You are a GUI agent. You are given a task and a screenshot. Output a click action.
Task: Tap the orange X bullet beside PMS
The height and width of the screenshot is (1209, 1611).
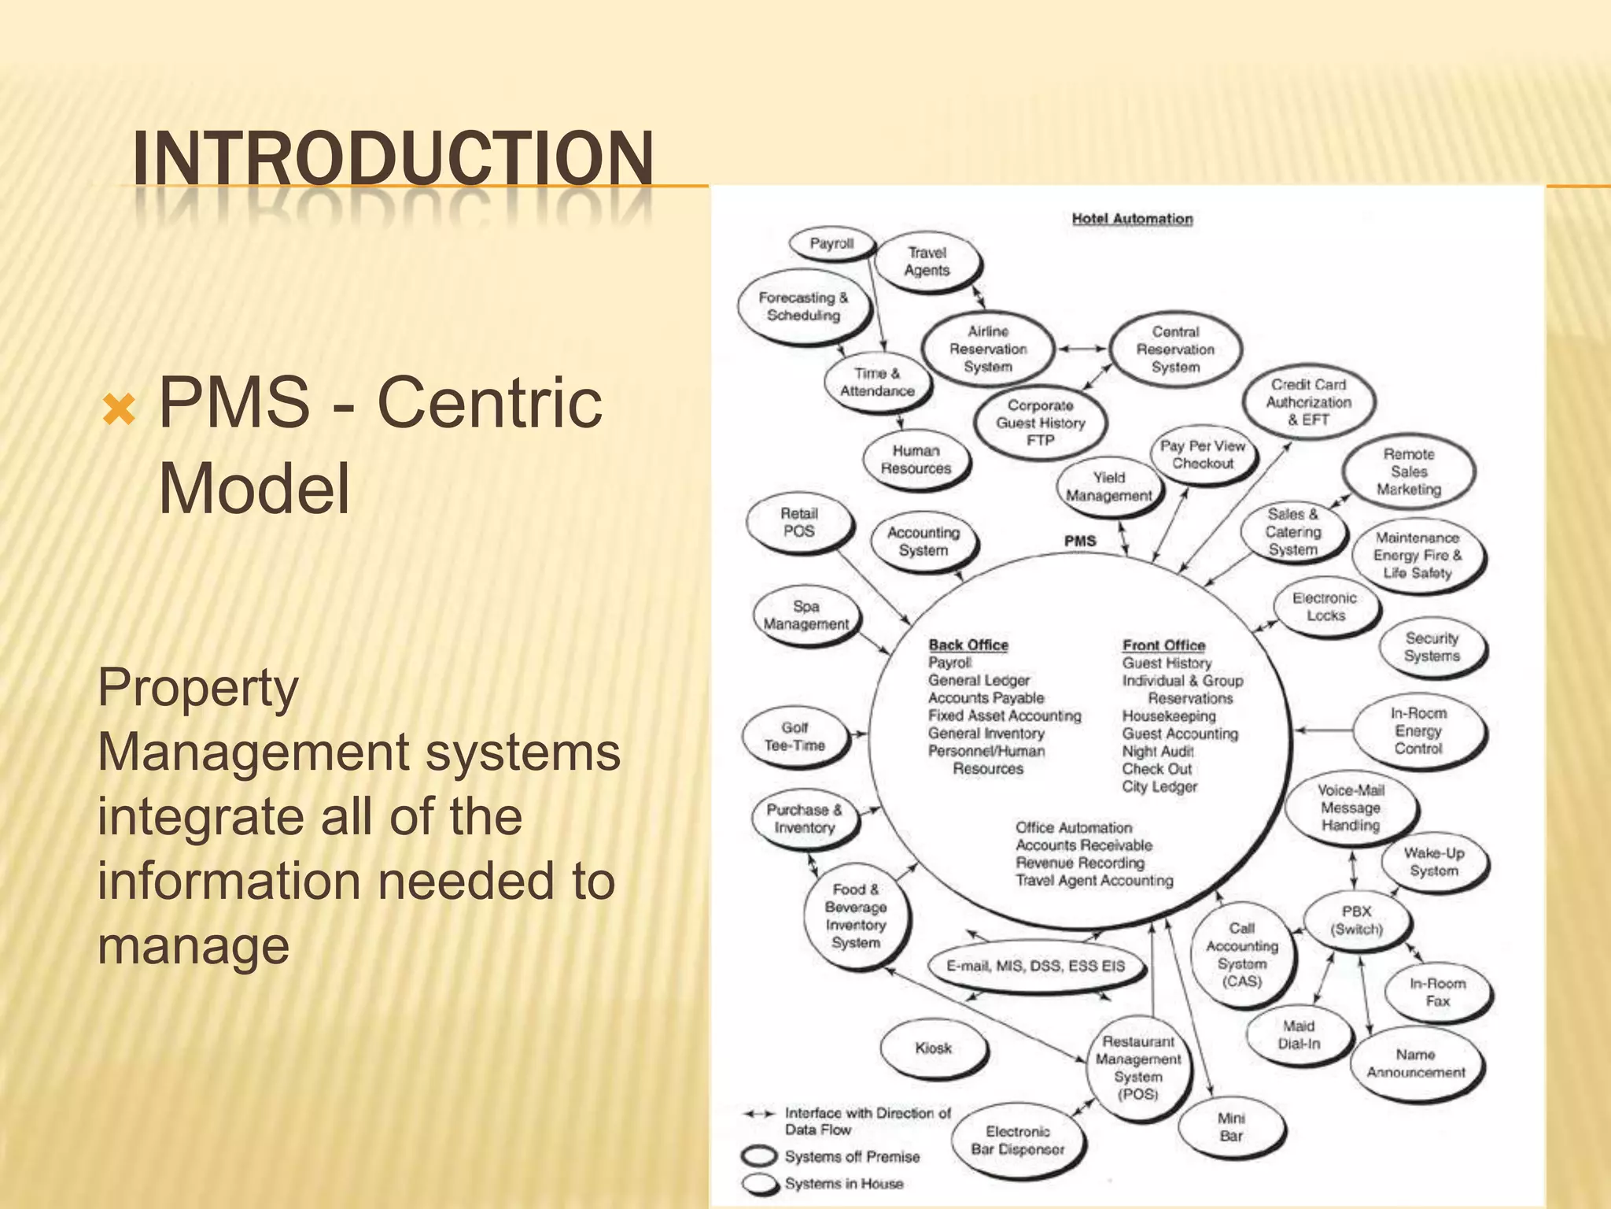[x=120, y=409]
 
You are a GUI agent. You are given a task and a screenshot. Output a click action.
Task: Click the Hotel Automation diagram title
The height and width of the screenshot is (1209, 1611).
[x=1132, y=219]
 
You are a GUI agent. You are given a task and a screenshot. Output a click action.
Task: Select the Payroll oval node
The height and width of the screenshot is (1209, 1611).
[x=831, y=244]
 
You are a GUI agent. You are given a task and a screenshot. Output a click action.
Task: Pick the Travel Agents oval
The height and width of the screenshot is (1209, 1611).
[x=927, y=262]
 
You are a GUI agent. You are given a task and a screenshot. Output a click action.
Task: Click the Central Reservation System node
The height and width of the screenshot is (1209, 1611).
[x=1175, y=349]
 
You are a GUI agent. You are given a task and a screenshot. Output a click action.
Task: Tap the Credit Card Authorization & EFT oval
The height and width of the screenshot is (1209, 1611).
[x=1308, y=402]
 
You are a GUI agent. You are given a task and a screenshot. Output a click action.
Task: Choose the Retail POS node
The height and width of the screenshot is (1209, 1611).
[x=799, y=523]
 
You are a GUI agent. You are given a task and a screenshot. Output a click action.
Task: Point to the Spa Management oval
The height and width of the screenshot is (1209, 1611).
[x=806, y=616]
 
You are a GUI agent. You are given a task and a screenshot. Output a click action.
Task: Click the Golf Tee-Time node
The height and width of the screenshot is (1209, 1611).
[x=794, y=737]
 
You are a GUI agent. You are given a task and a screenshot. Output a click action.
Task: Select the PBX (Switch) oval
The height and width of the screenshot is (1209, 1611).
[x=1356, y=920]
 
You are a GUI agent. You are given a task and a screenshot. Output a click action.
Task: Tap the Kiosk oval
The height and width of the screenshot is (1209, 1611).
[x=933, y=1048]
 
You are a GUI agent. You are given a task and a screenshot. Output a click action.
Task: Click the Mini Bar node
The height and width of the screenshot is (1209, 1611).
[x=1231, y=1127]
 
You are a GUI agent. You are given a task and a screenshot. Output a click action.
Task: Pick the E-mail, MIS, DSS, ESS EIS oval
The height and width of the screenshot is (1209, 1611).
[x=1035, y=966]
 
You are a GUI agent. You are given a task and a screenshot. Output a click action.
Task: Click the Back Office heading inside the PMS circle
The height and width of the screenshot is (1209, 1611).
[x=968, y=645]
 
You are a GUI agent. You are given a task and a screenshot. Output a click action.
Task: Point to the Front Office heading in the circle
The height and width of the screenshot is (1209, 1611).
[x=1163, y=645]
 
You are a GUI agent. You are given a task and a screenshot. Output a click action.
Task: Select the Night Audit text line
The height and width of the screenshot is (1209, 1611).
[x=1157, y=752]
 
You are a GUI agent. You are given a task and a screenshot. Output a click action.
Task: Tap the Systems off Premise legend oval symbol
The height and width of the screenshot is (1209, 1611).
[x=760, y=1156]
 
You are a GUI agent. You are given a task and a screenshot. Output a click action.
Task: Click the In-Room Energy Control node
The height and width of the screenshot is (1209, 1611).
[x=1418, y=731]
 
